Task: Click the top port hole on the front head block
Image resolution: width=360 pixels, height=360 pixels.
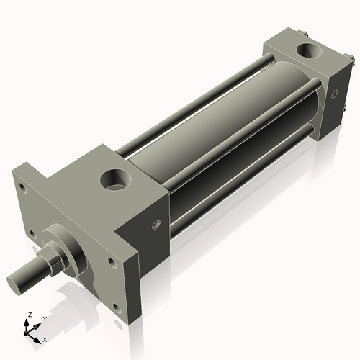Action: pos(115,178)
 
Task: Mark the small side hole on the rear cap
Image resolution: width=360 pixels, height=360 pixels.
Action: pos(333,94)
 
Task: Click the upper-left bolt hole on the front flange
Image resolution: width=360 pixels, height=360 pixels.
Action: pos(22,189)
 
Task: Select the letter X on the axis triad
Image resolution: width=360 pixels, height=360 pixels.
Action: pos(45,338)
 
